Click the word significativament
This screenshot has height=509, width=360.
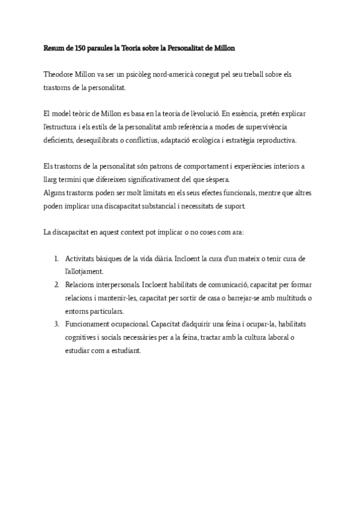pyautogui.click(x=150, y=180)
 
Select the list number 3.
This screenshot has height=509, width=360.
pyautogui.click(x=56, y=324)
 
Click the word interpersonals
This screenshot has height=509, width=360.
pyautogui.click(x=116, y=285)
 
